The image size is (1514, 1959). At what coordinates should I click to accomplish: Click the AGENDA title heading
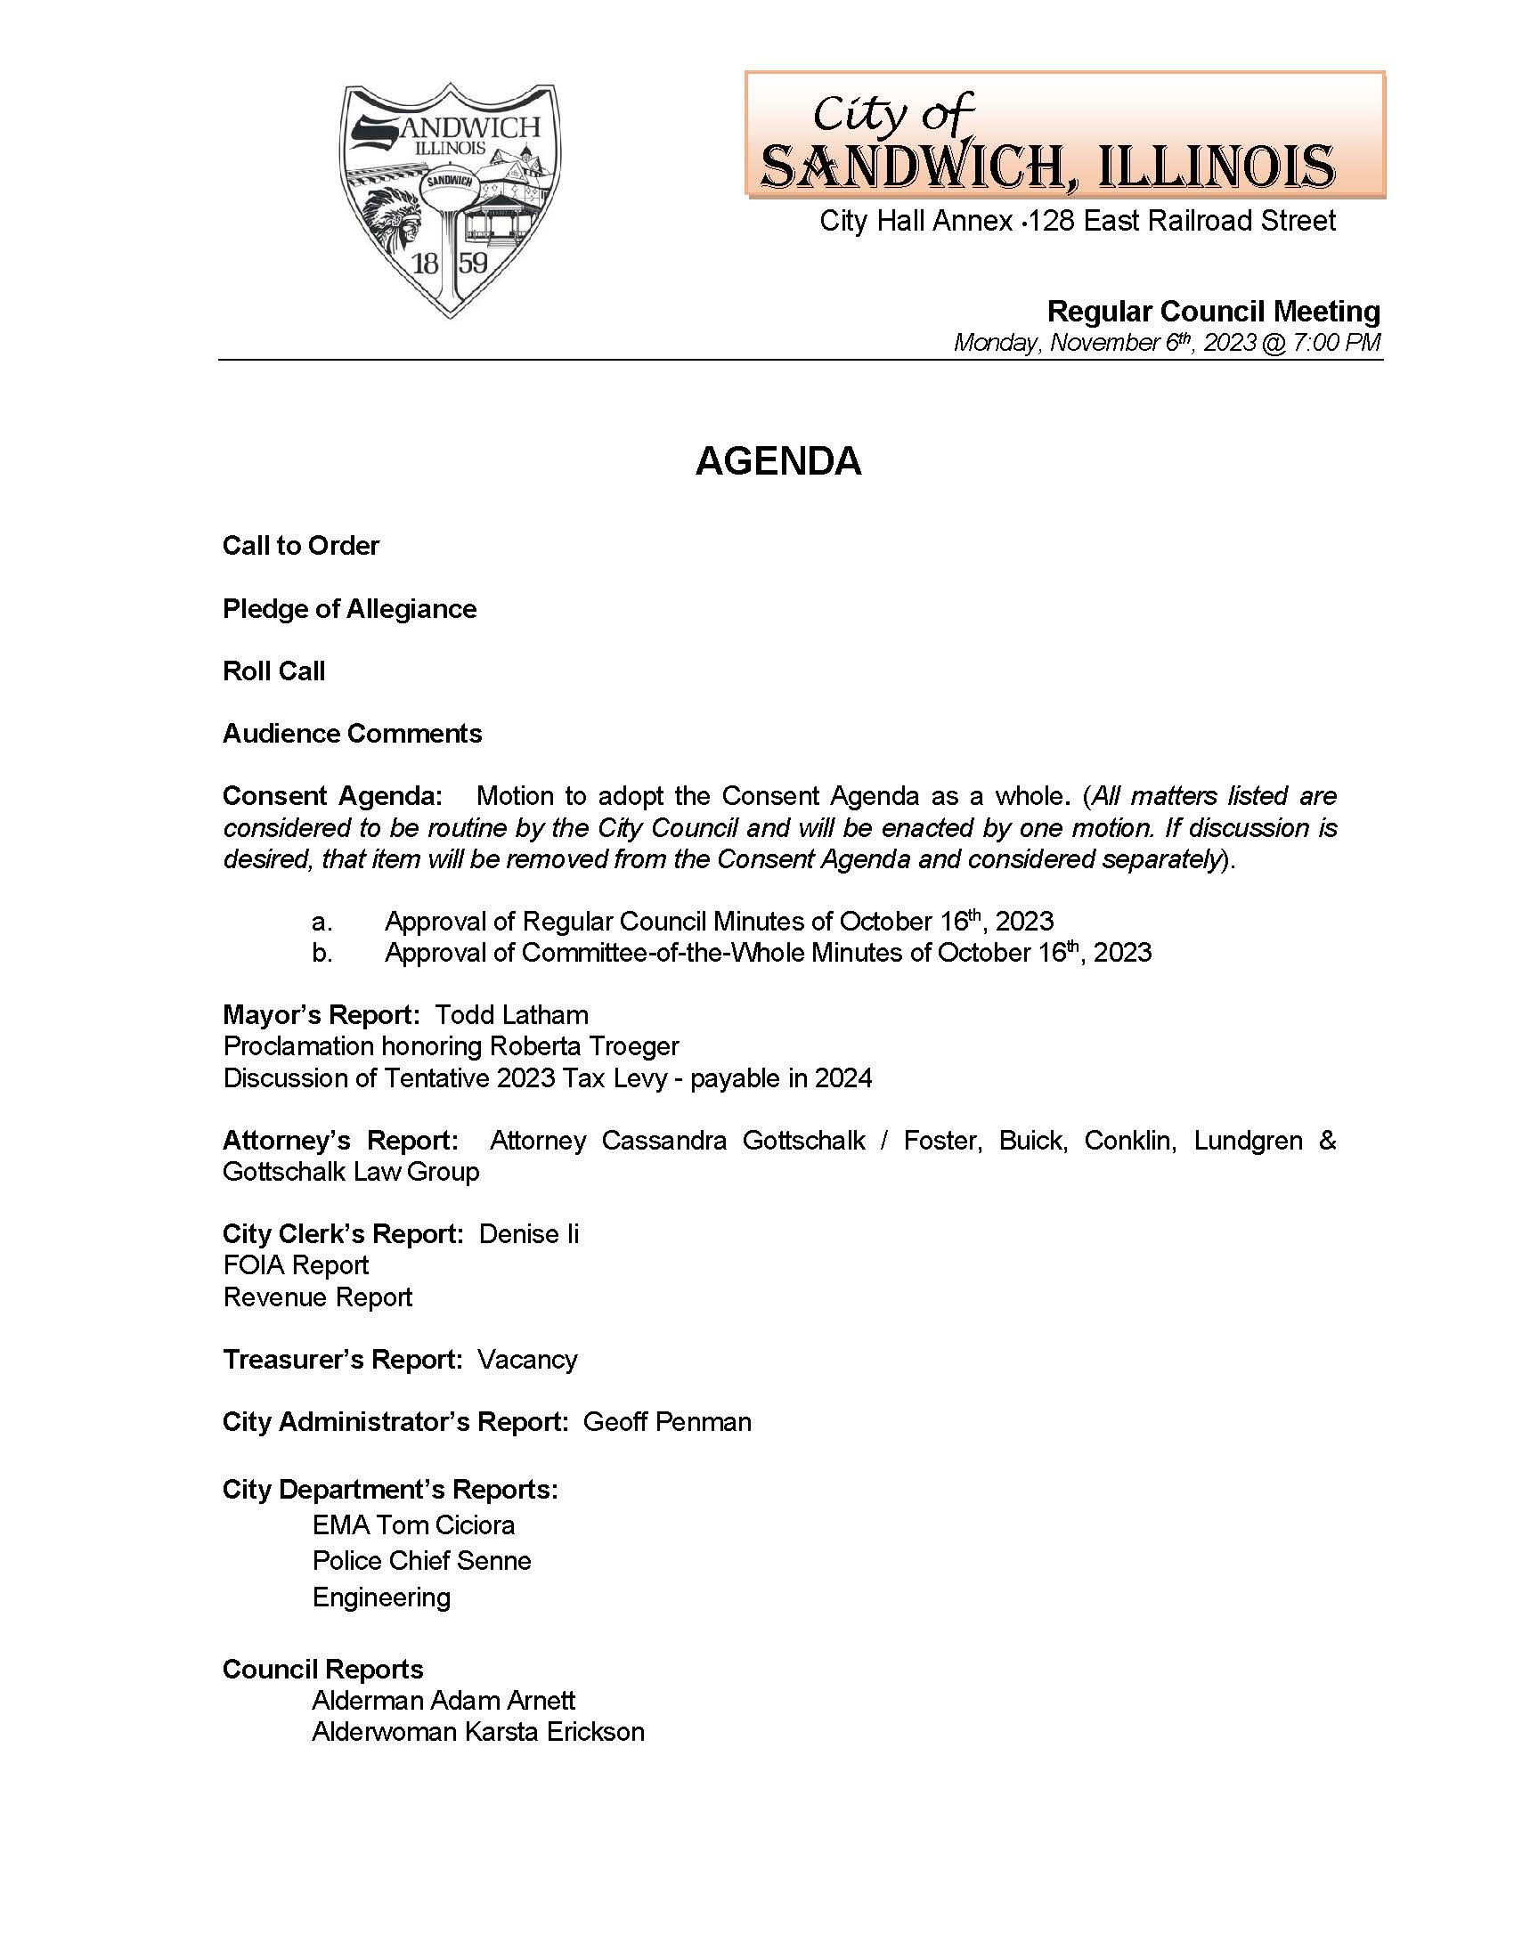pos(777,461)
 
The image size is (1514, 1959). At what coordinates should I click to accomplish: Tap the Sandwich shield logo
pos(450,199)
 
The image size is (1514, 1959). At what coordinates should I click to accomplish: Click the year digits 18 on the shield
pos(425,263)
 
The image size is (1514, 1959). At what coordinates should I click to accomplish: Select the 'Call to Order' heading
pos(300,545)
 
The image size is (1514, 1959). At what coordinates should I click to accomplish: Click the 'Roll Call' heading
pos(273,671)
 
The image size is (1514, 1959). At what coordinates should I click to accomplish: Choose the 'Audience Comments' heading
pos(352,733)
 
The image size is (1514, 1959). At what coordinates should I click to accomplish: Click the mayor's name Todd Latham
pos(511,1014)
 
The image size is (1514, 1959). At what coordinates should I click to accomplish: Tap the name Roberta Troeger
pos(584,1046)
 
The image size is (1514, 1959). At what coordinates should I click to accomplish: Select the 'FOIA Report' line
pos(296,1264)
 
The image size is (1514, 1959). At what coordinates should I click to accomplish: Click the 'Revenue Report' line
pos(318,1297)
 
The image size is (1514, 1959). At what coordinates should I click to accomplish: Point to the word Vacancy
pos(526,1359)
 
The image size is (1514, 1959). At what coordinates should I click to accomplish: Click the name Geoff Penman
pos(666,1422)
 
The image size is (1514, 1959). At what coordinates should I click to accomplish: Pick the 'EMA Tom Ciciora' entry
pos(413,1524)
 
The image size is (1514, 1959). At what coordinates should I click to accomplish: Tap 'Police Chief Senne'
pos(421,1561)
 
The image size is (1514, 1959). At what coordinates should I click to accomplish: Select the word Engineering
pos(381,1597)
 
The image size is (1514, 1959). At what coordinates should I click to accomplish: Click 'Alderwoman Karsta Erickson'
pos(478,1731)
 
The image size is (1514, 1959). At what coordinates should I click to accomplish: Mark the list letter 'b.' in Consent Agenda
pos(322,953)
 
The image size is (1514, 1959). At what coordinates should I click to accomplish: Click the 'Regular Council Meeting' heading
pos(1213,312)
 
